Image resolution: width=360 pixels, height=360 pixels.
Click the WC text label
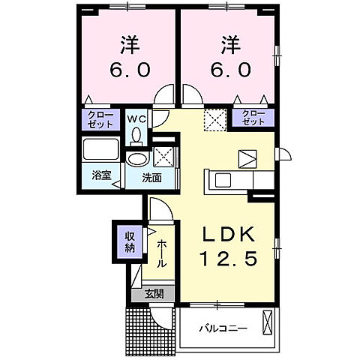pyautogui.click(x=136, y=118)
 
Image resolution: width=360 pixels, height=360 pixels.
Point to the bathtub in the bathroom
pyautogui.click(x=101, y=149)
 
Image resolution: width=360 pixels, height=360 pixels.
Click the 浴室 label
pyautogui.click(x=101, y=175)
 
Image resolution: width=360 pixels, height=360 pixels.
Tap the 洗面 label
pyautogui.click(x=154, y=178)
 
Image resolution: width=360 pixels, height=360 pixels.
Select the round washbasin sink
pyautogui.click(x=137, y=158)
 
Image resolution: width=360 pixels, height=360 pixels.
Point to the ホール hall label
pyautogui.click(x=162, y=253)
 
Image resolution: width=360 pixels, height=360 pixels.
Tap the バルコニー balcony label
pyautogui.click(x=223, y=328)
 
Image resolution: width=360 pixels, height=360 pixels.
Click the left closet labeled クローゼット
pyautogui.click(x=100, y=120)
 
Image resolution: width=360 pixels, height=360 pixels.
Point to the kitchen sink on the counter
pyautogui.click(x=223, y=180)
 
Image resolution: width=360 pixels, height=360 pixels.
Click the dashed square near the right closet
pyautogui.click(x=215, y=120)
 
